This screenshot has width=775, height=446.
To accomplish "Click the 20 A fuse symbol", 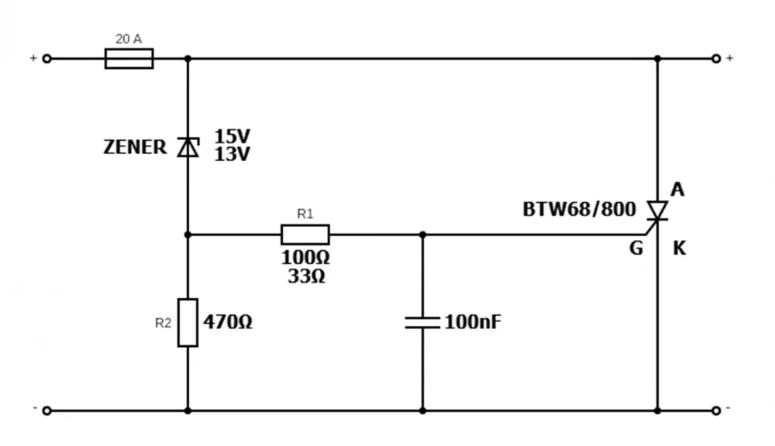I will coord(129,59).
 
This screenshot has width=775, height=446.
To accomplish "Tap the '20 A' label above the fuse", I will coord(129,39).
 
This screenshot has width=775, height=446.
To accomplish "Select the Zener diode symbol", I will coord(188,147).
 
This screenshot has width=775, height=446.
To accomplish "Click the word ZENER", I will coord(135,147).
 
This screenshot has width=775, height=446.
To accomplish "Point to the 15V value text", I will coord(232,137).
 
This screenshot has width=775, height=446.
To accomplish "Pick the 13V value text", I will coord(232,155).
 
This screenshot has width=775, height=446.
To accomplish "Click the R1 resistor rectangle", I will coord(305,235).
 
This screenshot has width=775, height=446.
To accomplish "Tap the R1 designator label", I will coord(305,214).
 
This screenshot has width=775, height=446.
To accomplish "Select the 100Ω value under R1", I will coord(305,257).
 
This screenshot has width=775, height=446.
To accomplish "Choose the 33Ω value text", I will coord(306,276).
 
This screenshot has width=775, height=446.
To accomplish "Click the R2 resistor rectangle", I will coord(188,322).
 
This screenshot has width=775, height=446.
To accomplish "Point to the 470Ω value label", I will coord(228,322).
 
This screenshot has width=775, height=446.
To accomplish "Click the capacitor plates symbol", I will coord(422,322).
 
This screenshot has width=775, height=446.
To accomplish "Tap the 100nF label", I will coord(473,322).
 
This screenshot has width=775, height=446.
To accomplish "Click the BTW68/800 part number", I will coord(579,209).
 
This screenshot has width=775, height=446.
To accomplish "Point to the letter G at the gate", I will coord(635,249).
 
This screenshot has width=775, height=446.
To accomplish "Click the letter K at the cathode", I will coord(679,249).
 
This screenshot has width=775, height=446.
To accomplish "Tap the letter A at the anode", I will coord(677,190).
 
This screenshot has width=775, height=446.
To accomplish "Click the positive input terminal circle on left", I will coord(46,59).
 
